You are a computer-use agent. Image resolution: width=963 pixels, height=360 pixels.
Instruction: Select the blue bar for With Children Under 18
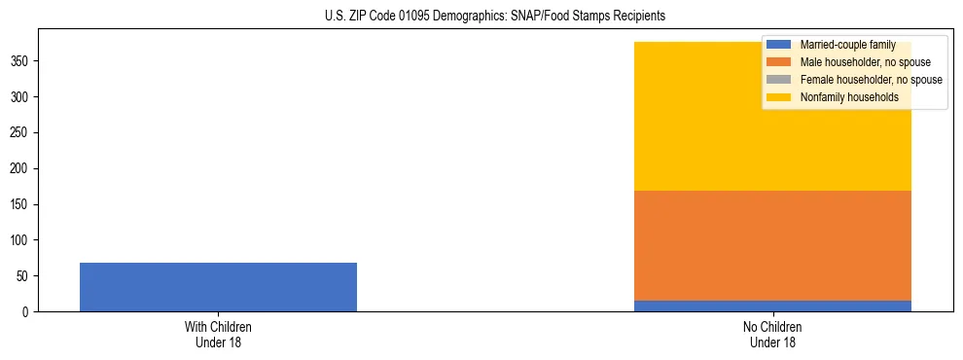[218, 287]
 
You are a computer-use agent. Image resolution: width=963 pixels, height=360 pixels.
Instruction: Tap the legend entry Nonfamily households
[849, 97]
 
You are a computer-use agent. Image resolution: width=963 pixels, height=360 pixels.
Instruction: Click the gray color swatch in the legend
[779, 80]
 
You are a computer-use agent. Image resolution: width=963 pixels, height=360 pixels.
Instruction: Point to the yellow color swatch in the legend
[779, 97]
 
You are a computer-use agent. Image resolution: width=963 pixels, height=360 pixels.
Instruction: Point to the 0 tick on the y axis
[28, 312]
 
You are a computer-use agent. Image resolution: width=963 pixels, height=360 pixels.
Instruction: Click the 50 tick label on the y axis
[25, 276]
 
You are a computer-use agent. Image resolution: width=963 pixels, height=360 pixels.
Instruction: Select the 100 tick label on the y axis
[22, 240]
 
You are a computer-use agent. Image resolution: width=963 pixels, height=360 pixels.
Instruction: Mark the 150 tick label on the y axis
[22, 204]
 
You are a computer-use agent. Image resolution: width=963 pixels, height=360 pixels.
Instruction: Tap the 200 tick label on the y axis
[22, 169]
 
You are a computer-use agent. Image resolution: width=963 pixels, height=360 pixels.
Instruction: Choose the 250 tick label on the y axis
[22, 133]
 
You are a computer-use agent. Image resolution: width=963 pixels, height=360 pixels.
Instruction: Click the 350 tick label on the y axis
[22, 61]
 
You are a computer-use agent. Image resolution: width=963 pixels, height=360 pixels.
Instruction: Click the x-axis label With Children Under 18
[218, 334]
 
